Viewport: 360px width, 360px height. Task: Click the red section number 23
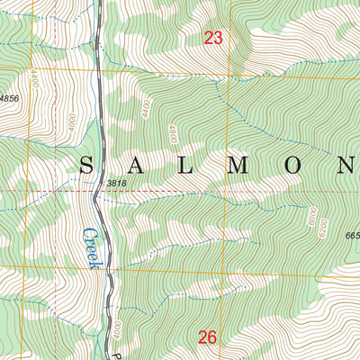coord(212,38)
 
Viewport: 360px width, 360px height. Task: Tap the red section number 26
coord(208,337)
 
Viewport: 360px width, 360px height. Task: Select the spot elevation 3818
coord(116,184)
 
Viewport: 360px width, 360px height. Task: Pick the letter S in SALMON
coord(87,165)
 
